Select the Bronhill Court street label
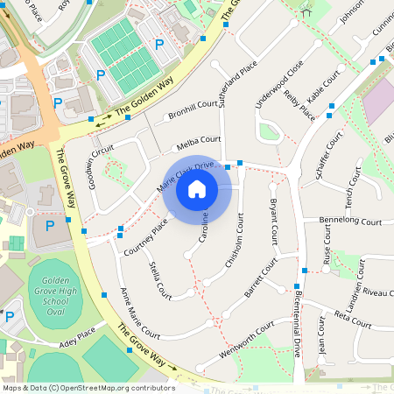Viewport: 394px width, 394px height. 193,109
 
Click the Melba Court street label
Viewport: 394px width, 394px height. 199,140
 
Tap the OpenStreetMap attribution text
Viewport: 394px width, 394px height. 88,387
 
